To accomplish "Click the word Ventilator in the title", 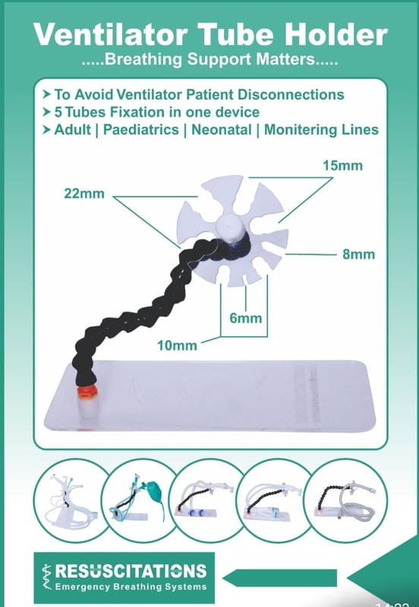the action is click(110, 34).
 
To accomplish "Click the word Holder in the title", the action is click(336, 34).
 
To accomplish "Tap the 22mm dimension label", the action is click(84, 193).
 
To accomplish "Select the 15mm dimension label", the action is click(342, 165).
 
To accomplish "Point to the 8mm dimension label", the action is click(358, 254).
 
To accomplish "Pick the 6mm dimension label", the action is click(245, 318).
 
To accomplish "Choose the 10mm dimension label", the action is click(177, 345).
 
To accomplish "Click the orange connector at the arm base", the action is click(87, 391).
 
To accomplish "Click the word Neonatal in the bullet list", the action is click(222, 129).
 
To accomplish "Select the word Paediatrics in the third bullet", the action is click(141, 129).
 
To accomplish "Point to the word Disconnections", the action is click(291, 94).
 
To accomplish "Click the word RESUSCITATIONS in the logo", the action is click(131, 571).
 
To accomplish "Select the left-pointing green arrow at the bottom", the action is click(279, 578).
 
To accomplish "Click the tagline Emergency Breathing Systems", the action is click(131, 587).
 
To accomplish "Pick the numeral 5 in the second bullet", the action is click(58, 112).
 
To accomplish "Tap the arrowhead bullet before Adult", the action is click(47, 129).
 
